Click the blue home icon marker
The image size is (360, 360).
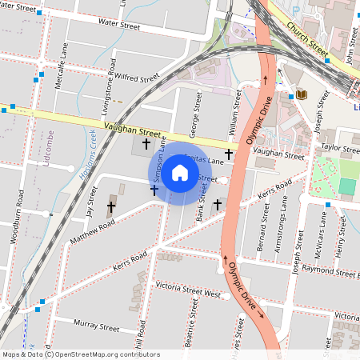[x=180, y=173]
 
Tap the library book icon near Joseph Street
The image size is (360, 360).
[x=302, y=95]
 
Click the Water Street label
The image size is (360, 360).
[x=118, y=26]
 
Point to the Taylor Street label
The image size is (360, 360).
[x=340, y=149]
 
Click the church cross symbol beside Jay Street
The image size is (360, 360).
[x=111, y=207]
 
